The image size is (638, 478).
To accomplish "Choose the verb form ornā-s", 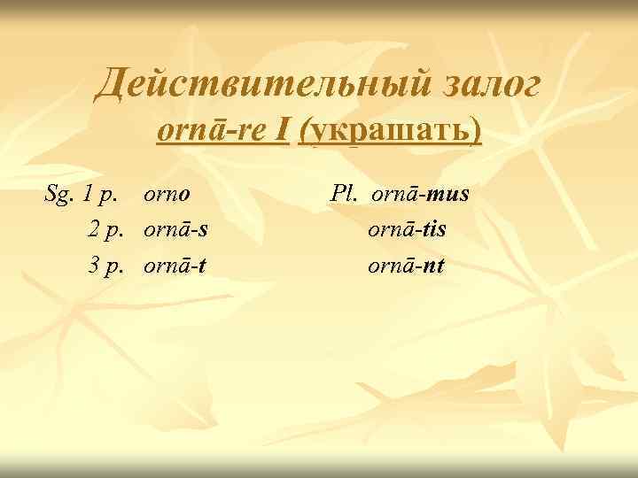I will [176, 228].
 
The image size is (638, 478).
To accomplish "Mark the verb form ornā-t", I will [175, 263].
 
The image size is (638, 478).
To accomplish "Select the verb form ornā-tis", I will [408, 228].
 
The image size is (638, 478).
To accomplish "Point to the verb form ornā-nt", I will [407, 263].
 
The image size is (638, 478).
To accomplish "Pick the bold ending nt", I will [432, 263].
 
